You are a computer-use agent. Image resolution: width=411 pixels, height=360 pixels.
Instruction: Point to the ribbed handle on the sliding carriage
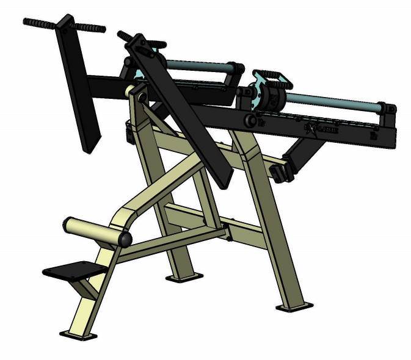coord(268,76)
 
